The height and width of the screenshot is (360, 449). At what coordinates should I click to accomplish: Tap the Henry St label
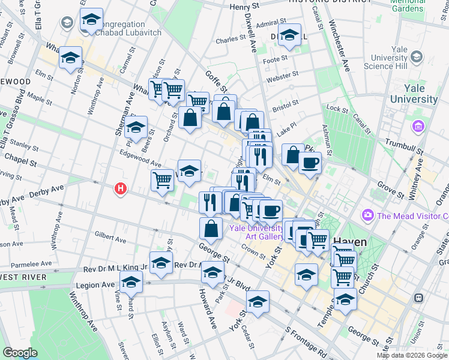click(x=244, y=7)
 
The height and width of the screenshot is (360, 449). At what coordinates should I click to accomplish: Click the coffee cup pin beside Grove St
click(x=310, y=163)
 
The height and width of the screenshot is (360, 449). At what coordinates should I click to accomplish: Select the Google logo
click(x=20, y=352)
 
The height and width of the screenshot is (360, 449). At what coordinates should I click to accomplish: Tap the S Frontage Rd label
click(x=307, y=340)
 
